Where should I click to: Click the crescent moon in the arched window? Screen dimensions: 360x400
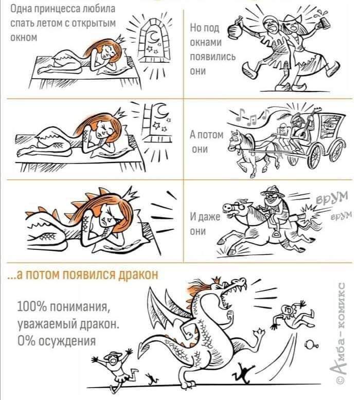tap(154, 38)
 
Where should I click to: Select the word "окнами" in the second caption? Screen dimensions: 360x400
tap(206, 42)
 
